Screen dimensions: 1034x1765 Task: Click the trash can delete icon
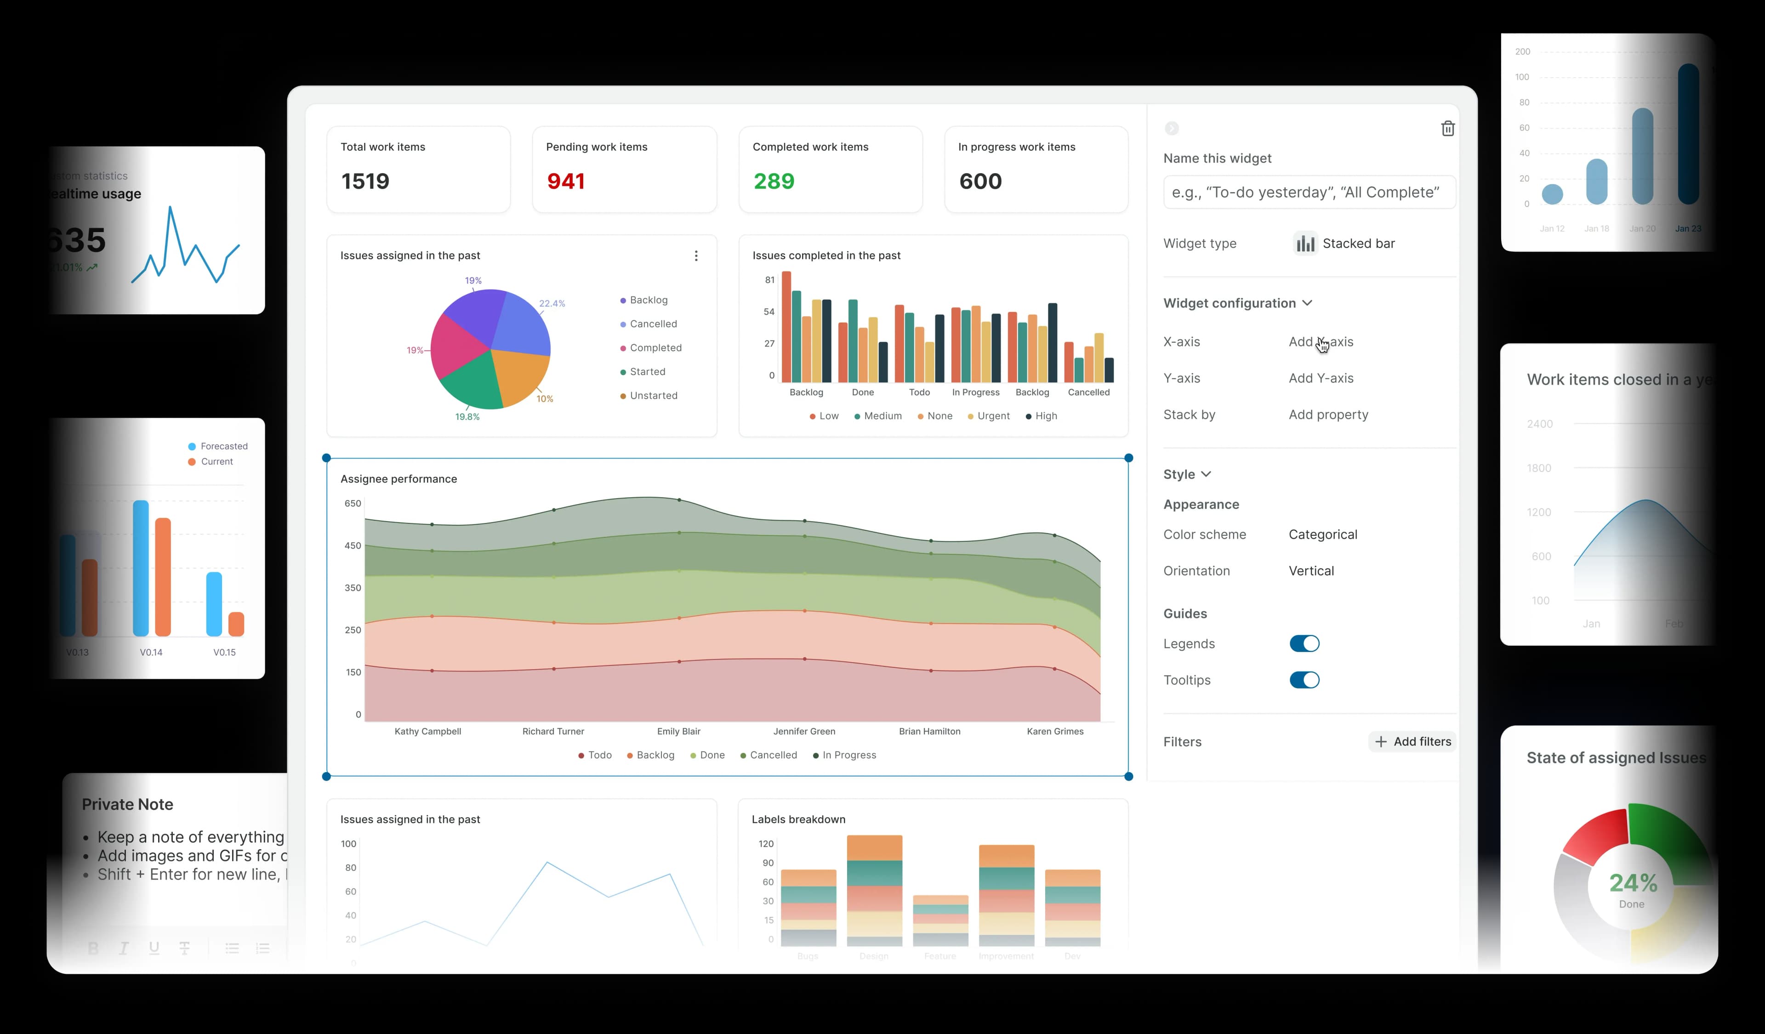click(x=1447, y=129)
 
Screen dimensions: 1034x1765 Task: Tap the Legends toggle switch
click(x=1304, y=643)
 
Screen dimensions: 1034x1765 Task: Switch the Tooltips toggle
click(x=1304, y=680)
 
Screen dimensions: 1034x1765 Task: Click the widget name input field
click(x=1308, y=193)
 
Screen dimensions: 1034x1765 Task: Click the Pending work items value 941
click(x=565, y=182)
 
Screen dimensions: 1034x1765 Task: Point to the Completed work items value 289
click(x=773, y=182)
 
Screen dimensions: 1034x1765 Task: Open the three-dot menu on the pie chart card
click(x=695, y=256)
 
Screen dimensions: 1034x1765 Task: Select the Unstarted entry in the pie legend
click(x=653, y=396)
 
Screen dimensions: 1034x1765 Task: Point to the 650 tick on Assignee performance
click(x=352, y=503)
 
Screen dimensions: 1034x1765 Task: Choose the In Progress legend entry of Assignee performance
click(x=848, y=755)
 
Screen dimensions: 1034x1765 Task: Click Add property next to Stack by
click(x=1328, y=415)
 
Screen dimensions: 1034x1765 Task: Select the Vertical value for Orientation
click(x=1310, y=571)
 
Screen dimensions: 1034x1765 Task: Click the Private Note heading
click(x=127, y=804)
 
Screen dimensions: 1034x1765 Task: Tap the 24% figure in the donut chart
click(x=1633, y=883)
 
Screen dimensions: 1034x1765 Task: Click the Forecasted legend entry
click(x=223, y=446)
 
